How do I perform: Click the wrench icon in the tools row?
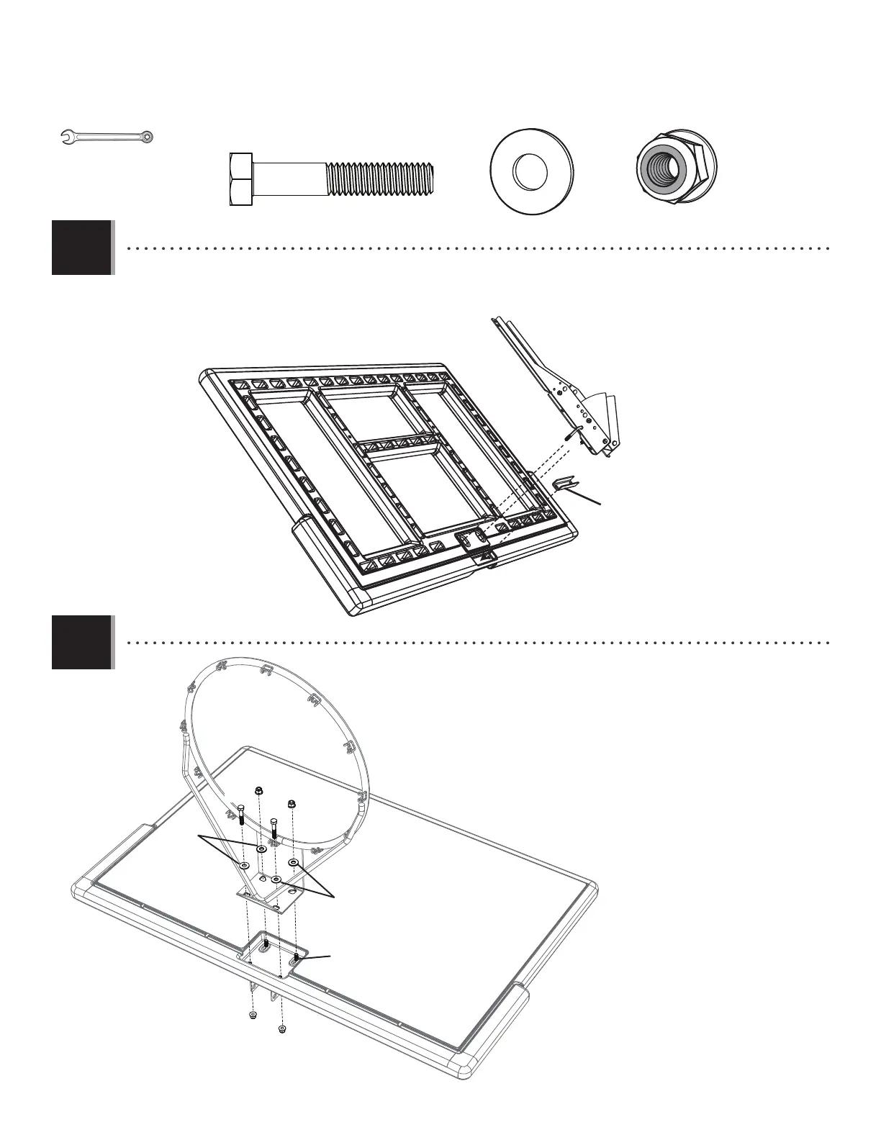point(107,135)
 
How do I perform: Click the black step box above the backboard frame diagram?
point(81,248)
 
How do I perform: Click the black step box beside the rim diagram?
point(81,642)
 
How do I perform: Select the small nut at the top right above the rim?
point(292,803)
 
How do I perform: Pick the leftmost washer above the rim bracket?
point(246,864)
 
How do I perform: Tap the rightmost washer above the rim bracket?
point(293,861)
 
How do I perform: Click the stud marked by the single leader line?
point(297,957)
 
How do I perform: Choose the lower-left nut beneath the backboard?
point(252,1015)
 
